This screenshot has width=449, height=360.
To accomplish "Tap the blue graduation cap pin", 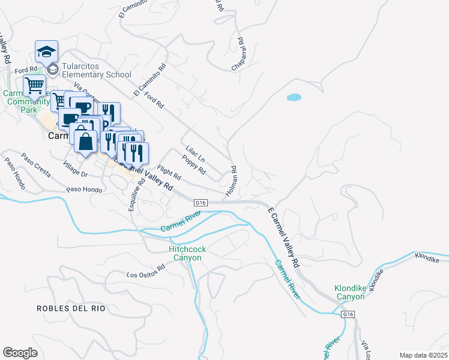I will pyautogui.click(x=46, y=52).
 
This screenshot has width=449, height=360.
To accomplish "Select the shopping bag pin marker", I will pyautogui.click(x=86, y=142).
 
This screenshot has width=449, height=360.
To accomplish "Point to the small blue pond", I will pyautogui.click(x=294, y=97).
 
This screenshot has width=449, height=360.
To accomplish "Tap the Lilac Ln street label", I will pyautogui.click(x=196, y=154).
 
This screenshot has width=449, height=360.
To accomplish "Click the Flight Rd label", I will pyautogui.click(x=169, y=173).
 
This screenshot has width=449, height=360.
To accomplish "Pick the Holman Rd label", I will pyautogui.click(x=232, y=182).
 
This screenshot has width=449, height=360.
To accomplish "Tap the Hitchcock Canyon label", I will pyautogui.click(x=185, y=253).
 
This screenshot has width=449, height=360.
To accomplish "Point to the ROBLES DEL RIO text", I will pyautogui.click(x=71, y=308).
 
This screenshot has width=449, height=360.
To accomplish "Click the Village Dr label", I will pyautogui.click(x=76, y=169).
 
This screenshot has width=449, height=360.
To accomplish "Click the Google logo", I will pyautogui.click(x=20, y=352).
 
